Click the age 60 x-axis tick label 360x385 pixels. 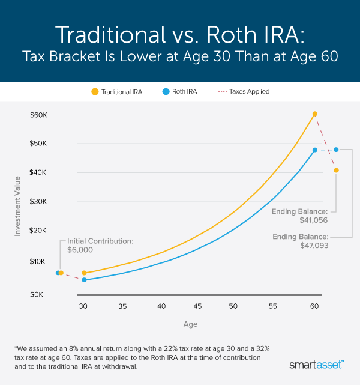314,306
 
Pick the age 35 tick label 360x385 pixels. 122,306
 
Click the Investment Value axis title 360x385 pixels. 18,205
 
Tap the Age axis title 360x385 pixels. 190,324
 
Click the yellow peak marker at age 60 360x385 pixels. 314,114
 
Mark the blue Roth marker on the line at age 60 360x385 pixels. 314,150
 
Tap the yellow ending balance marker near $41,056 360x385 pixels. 337,170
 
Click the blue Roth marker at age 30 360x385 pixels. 84,280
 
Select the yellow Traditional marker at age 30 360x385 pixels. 84,273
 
